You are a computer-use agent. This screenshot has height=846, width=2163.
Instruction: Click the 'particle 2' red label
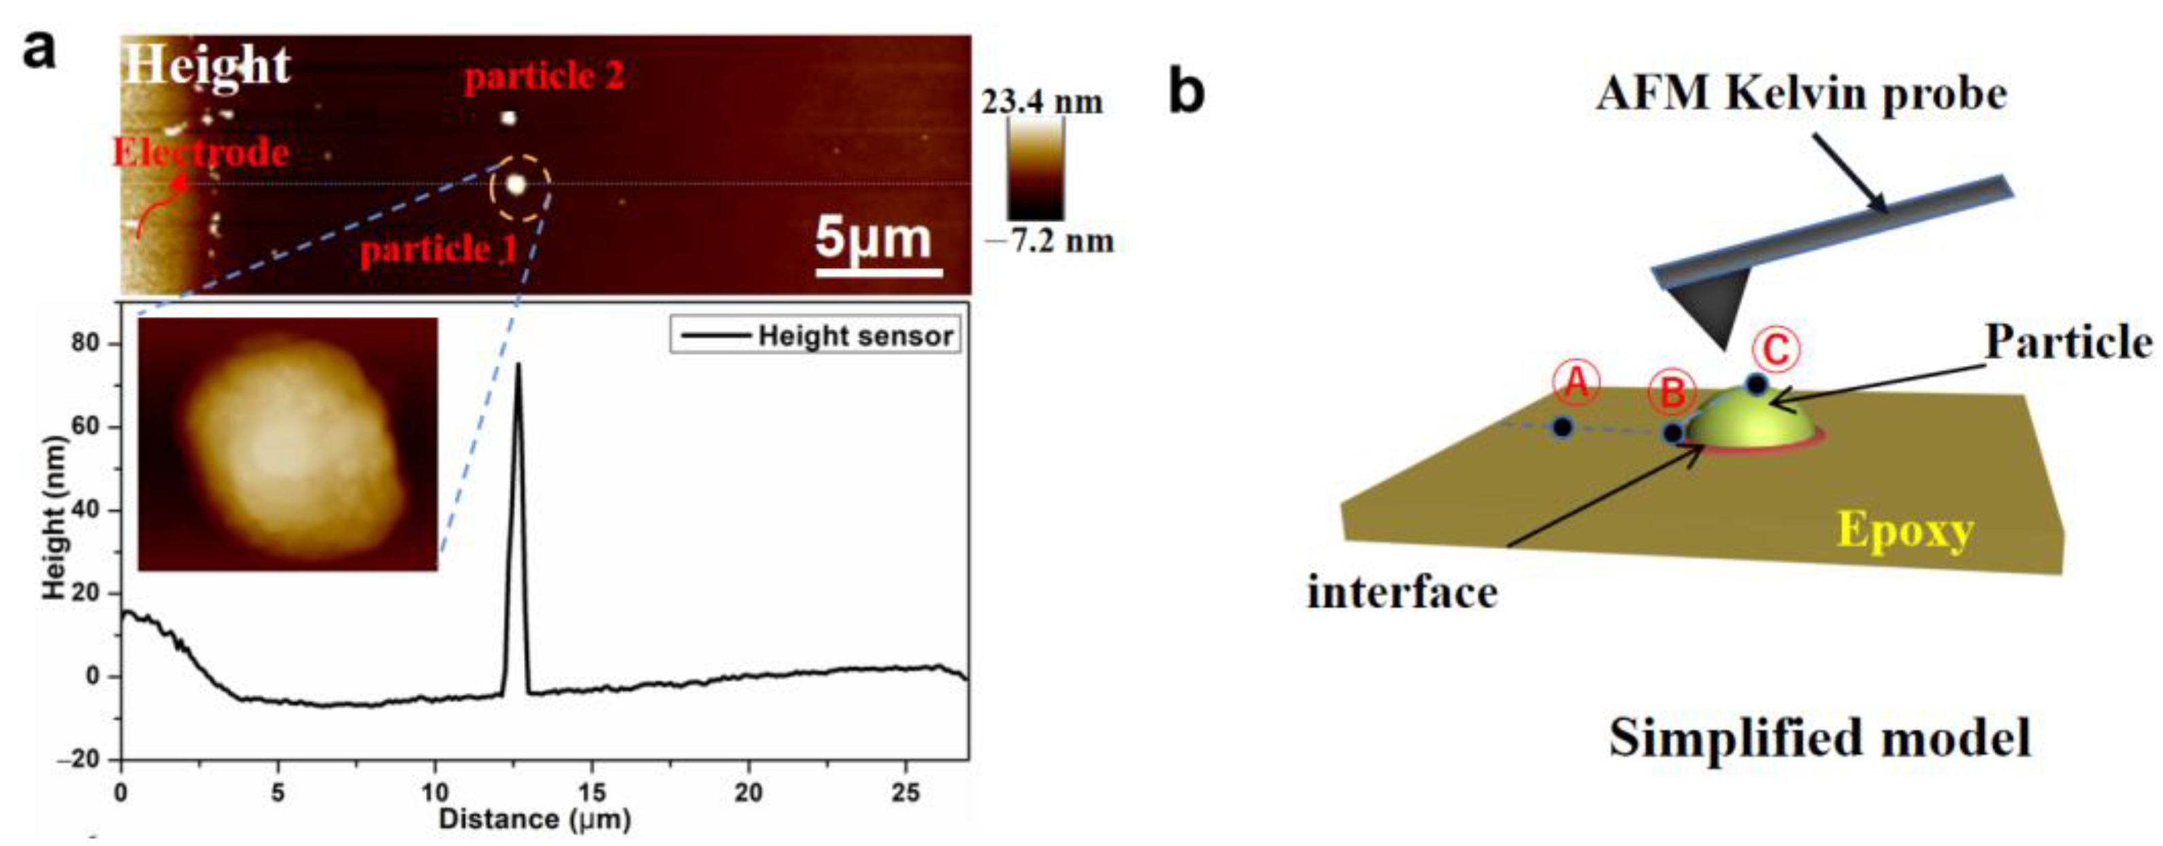click(544, 78)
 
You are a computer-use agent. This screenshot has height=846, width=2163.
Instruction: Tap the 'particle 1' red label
click(438, 250)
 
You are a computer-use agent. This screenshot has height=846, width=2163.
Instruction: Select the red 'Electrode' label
click(201, 154)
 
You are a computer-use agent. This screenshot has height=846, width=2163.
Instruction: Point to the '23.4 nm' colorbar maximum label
click(1042, 103)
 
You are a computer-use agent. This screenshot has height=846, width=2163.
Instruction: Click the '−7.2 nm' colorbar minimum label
click(1050, 241)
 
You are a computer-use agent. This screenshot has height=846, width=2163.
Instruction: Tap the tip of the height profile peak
click(518, 365)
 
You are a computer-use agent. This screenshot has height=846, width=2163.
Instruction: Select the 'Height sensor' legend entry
click(855, 336)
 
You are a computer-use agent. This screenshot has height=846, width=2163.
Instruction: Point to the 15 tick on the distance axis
click(592, 792)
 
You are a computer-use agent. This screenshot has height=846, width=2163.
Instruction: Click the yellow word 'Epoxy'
click(1905, 530)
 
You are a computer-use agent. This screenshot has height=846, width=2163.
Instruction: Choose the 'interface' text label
click(1402, 594)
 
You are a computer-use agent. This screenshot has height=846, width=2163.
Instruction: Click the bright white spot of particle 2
click(508, 118)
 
